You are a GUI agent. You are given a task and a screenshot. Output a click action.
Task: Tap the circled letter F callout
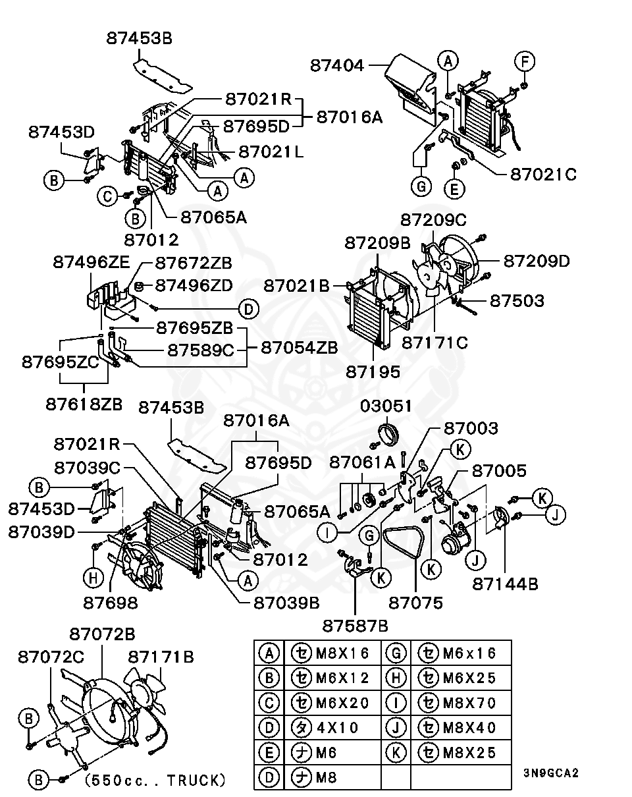point(525,62)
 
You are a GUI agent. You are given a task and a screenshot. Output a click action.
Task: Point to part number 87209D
point(537,261)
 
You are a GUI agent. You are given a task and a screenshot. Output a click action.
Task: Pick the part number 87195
point(373,371)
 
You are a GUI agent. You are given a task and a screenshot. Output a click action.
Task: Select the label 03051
point(386,406)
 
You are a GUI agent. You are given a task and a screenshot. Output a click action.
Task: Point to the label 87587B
point(355,624)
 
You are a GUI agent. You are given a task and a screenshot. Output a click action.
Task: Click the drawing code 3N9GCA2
point(551,773)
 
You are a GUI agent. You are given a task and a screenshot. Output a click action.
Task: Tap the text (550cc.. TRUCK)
point(155,781)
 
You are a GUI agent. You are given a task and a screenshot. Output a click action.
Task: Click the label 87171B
point(161,657)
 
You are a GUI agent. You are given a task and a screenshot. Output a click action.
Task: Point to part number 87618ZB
point(84,404)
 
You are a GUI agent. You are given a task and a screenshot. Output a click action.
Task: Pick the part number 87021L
point(271,151)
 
